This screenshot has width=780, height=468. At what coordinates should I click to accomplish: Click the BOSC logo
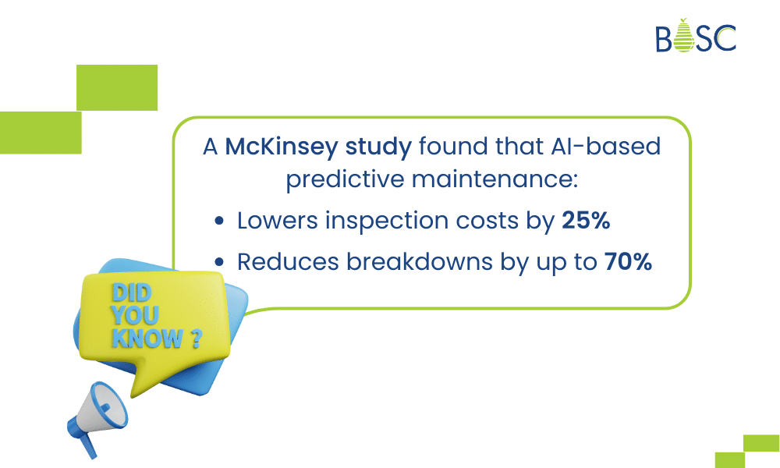[696, 36]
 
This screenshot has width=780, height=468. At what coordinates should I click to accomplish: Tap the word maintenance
[491, 179]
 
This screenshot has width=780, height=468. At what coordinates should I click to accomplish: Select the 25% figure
[586, 220]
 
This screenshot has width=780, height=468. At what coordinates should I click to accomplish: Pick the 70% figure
[628, 261]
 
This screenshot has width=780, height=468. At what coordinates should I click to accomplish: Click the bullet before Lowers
[219, 221]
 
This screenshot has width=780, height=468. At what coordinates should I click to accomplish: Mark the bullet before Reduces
[219, 262]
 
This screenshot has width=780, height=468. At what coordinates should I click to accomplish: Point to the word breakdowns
[420, 261]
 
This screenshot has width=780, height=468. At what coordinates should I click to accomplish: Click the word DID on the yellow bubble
[131, 293]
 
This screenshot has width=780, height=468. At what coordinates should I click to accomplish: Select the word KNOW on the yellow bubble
[147, 339]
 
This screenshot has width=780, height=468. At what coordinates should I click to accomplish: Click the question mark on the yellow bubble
[196, 339]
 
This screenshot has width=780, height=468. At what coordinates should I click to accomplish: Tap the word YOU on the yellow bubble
[135, 315]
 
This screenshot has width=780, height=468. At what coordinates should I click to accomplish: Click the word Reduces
[288, 261]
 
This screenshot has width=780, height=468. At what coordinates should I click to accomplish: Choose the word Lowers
[277, 220]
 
